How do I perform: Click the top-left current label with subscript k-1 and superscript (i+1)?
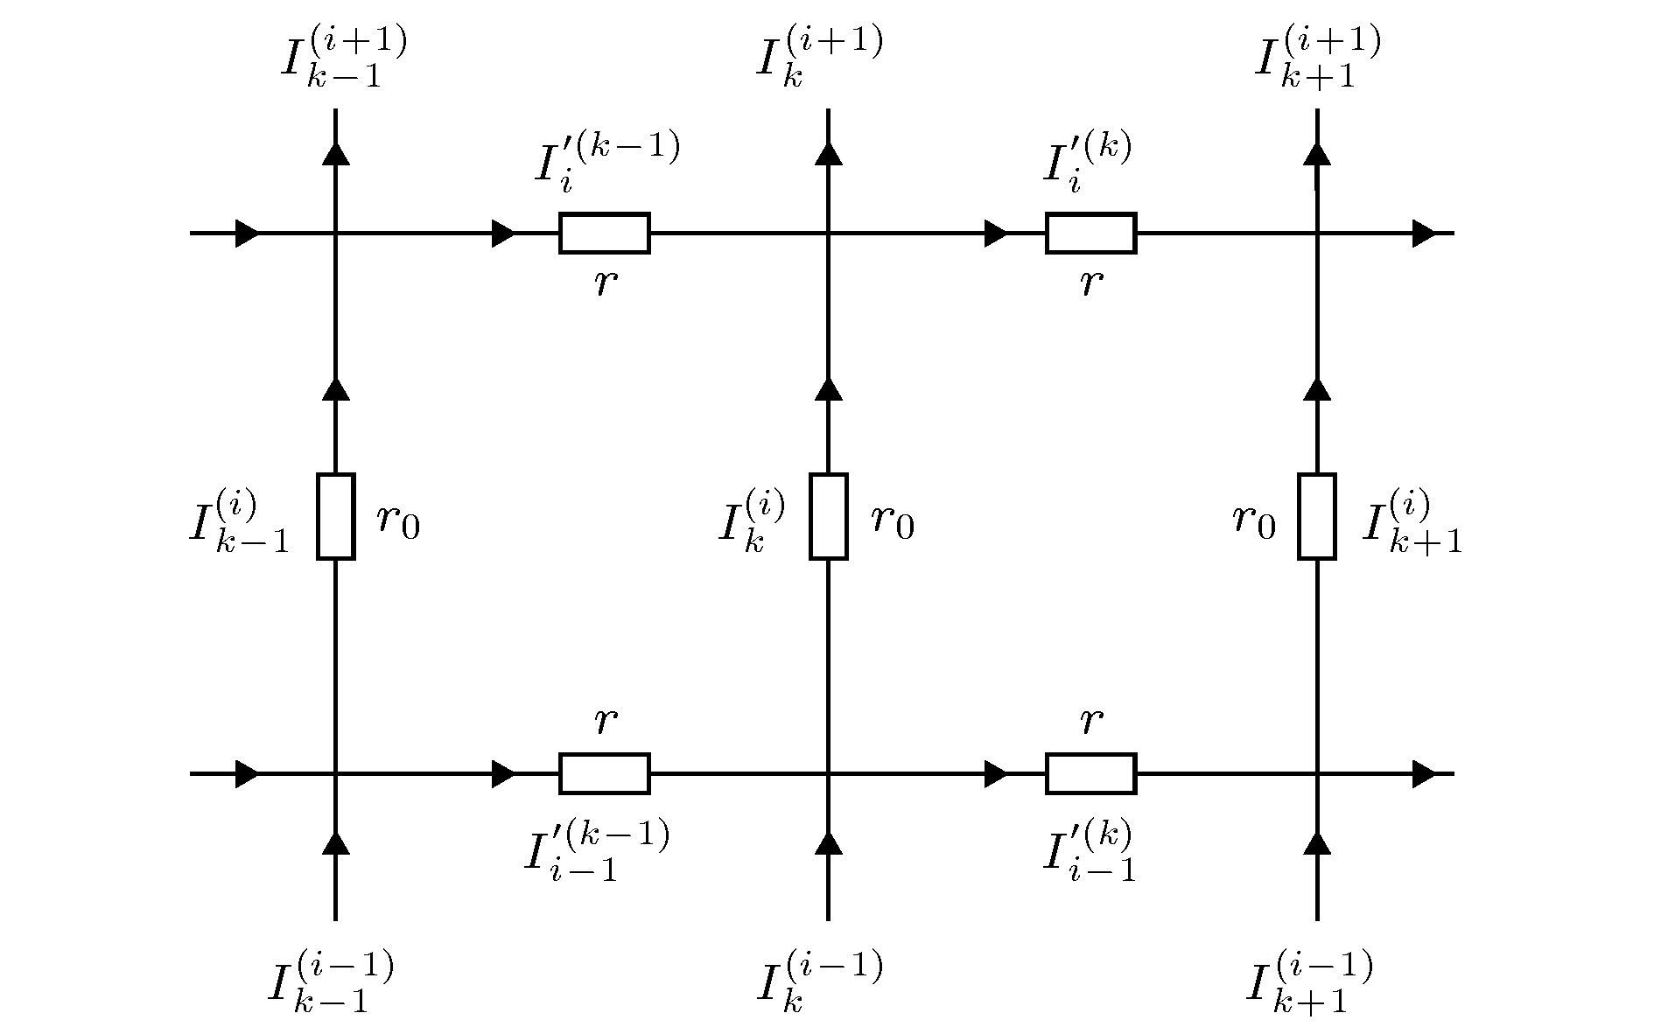343,58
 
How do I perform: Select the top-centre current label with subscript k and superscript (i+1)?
818,58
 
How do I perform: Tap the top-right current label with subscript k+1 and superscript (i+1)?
1317,58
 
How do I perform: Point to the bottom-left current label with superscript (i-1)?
331,983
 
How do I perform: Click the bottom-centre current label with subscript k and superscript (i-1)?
818,983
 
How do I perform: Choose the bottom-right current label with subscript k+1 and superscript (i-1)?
1308,983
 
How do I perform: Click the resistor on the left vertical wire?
335,516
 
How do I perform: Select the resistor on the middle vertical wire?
828,516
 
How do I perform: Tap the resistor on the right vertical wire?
1316,516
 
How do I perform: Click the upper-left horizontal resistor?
605,234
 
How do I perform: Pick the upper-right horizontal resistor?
1090,234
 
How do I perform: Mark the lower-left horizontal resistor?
605,773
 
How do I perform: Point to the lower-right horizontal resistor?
1090,773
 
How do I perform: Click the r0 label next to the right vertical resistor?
1253,521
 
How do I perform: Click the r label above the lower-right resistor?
1090,722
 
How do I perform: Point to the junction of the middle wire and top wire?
828,234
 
